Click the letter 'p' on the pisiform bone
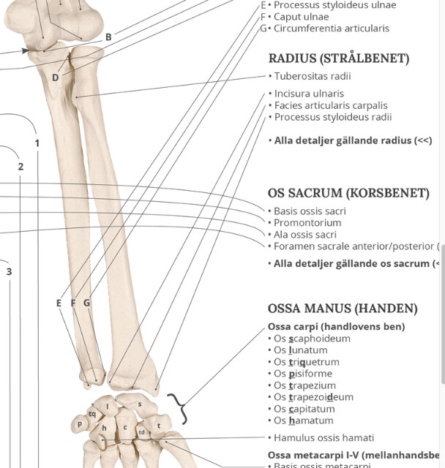point(79,423)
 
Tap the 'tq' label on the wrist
point(92,413)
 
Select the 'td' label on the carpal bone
point(141,432)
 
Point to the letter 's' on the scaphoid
point(139,404)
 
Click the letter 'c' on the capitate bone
point(125,427)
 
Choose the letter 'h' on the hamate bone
point(104,428)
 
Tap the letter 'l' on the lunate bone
point(108,406)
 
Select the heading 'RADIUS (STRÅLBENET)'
point(338,58)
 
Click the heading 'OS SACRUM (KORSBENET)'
point(348,193)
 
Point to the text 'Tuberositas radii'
point(313,76)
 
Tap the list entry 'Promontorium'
point(307,223)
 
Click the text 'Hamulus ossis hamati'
point(324,438)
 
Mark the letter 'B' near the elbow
point(108,37)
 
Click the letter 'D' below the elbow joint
point(55,78)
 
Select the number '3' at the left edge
point(10,272)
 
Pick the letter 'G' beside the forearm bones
point(86,303)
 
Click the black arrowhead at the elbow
point(26,50)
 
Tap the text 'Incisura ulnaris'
point(309,94)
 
